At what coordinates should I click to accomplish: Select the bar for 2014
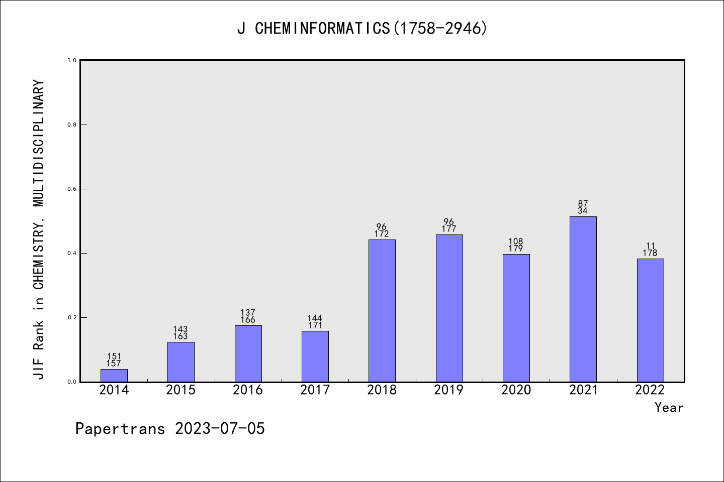(x=114, y=376)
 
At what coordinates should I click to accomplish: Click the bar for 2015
(x=181, y=362)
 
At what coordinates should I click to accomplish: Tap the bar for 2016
(x=248, y=353)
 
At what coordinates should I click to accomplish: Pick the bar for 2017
(x=315, y=356)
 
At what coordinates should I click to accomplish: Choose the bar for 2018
(x=382, y=311)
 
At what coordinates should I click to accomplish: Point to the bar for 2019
(x=449, y=308)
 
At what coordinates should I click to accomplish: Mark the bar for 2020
(x=516, y=318)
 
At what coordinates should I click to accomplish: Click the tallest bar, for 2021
(x=583, y=299)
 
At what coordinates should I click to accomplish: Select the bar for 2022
(x=650, y=320)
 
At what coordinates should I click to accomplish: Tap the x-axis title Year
(x=669, y=408)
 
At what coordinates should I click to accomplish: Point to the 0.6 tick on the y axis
(x=72, y=189)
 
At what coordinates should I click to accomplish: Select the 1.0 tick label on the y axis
(x=72, y=60)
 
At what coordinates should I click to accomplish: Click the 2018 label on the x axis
(x=382, y=390)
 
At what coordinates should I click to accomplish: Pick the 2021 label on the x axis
(x=583, y=390)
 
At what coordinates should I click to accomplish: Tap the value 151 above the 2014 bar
(x=114, y=356)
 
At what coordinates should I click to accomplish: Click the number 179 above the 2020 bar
(x=516, y=249)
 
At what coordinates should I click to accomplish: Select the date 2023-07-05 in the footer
(x=220, y=429)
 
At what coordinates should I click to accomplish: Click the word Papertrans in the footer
(x=120, y=429)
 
